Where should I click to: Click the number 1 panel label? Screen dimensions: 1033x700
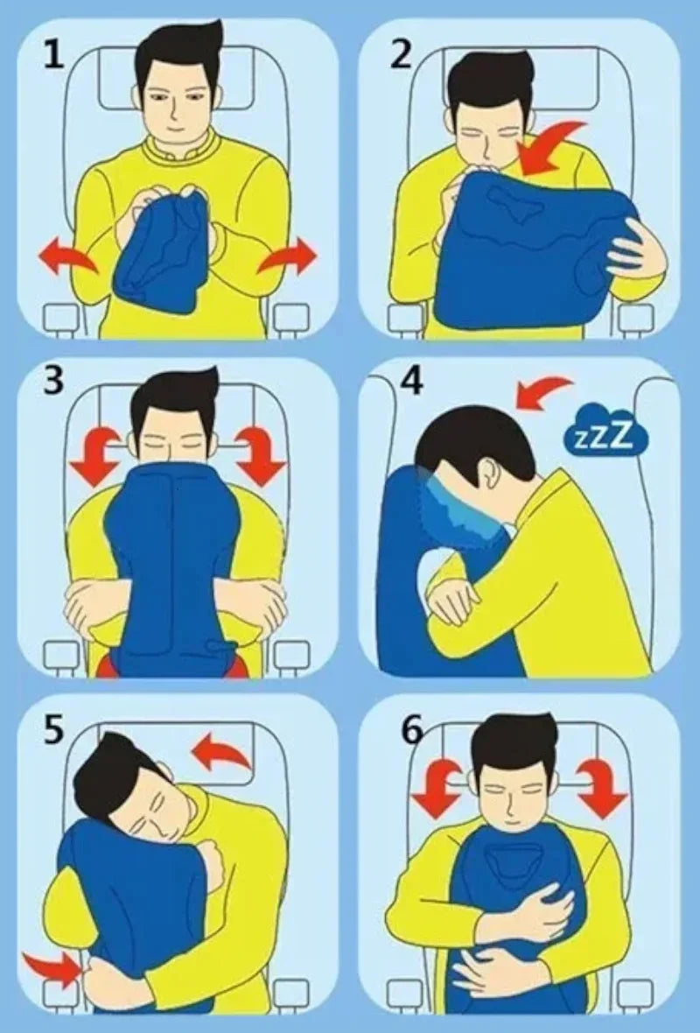(x=54, y=54)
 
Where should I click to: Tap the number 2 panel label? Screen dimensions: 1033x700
(x=401, y=54)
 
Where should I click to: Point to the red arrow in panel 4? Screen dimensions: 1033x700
(x=542, y=390)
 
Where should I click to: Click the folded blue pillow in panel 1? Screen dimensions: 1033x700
(x=162, y=249)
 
